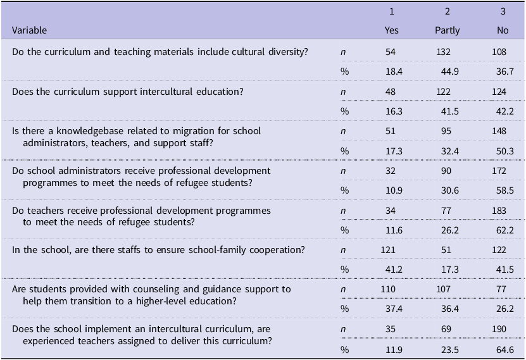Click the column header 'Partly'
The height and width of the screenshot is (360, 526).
point(447,30)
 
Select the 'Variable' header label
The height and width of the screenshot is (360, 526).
point(30,30)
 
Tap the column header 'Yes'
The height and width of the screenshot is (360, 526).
point(392,30)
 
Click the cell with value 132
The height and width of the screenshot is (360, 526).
point(444,51)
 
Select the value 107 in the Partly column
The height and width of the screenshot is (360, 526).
point(444,290)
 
